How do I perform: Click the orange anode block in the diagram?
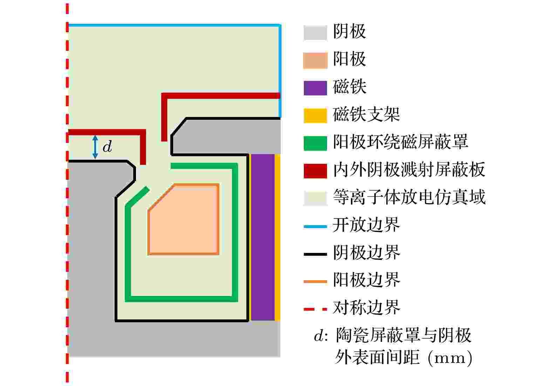184,219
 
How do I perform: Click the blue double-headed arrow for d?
95,147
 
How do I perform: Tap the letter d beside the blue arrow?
108,146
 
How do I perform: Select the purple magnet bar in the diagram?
263,237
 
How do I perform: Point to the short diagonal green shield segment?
137,196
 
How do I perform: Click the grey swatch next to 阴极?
315,33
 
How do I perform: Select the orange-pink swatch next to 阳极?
315,60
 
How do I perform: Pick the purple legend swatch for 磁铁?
315,88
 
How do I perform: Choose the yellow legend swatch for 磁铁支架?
315,116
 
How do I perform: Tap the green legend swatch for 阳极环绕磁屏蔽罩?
315,143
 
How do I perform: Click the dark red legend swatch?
315,171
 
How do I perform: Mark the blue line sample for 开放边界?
315,226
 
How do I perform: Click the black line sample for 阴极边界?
315,254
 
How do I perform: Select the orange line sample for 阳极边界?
315,282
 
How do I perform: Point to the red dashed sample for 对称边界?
315,309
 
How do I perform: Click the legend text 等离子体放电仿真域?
409,197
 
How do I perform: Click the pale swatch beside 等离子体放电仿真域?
315,198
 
